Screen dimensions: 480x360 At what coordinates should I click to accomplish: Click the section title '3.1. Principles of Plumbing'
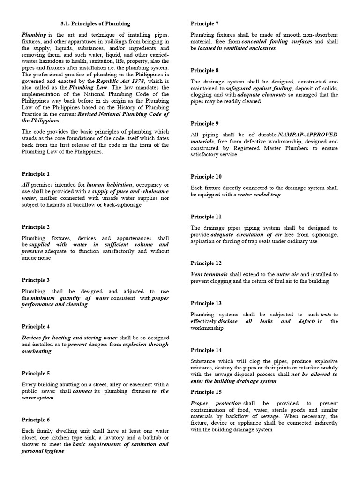pyautogui.click(x=95, y=23)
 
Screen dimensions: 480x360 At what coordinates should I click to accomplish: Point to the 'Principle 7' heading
pyautogui.click(x=204, y=23)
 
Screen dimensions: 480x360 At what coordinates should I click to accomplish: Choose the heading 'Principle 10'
pyautogui.click(x=206, y=177)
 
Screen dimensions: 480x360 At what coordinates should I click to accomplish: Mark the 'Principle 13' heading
pyautogui.click(x=206, y=303)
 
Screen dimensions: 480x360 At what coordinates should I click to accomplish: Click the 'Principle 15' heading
pyautogui.click(x=206, y=392)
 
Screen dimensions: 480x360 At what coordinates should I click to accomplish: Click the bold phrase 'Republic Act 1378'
pyautogui.click(x=119, y=81)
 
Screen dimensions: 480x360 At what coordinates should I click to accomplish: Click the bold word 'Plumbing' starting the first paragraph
pyautogui.click(x=34, y=35)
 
